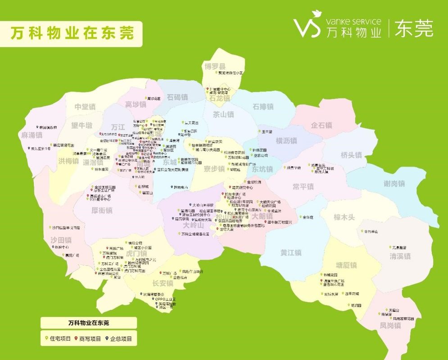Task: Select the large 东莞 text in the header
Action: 414,28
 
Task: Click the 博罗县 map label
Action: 215,66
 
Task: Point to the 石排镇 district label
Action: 263,107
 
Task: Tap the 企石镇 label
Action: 321,125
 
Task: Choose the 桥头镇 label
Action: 351,155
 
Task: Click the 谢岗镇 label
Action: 394,184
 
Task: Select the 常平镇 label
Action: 303,186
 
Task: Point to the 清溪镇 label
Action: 400,256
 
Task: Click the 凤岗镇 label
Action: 390,325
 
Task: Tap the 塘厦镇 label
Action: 346,265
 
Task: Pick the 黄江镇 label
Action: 290,252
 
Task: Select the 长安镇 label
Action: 163,283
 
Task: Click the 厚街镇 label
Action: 102,210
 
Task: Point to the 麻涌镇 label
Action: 32,135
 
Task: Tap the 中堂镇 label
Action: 85,107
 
